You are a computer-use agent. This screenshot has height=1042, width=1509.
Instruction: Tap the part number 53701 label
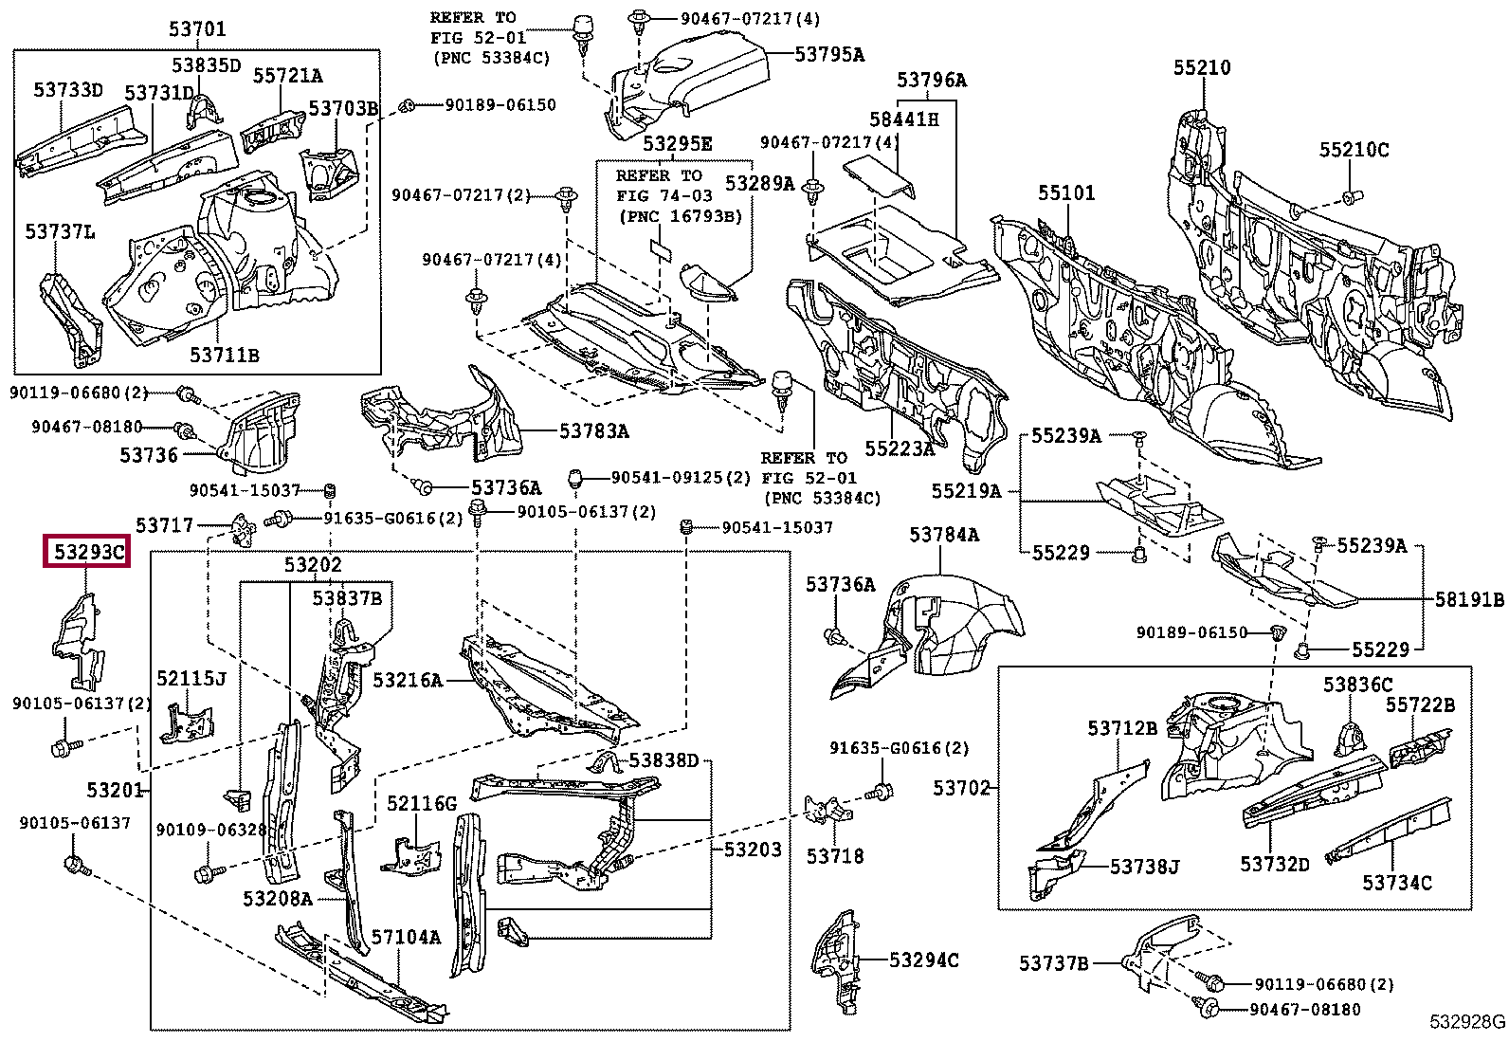197,29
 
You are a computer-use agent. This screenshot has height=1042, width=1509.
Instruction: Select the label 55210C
1354,150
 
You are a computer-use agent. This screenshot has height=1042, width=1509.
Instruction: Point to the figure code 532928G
1467,1022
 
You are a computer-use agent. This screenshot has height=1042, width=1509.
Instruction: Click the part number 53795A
829,54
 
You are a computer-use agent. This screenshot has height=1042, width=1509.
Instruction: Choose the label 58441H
904,119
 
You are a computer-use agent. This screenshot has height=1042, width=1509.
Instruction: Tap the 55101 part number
1066,192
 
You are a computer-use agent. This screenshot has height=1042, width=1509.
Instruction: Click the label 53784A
944,535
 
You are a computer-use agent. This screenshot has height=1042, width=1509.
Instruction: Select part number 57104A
407,936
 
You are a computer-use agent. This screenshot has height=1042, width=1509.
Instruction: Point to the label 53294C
924,960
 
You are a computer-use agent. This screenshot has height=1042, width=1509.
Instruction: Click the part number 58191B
1469,599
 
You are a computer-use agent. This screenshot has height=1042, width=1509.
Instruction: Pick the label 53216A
409,680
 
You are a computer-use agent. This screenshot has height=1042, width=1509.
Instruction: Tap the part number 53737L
60,232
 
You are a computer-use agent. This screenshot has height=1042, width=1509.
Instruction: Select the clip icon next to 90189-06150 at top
407,106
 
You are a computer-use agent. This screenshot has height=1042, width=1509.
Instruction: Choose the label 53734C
1397,883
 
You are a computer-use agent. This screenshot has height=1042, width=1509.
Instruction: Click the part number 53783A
594,430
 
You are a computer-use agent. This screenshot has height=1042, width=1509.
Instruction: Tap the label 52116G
422,803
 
